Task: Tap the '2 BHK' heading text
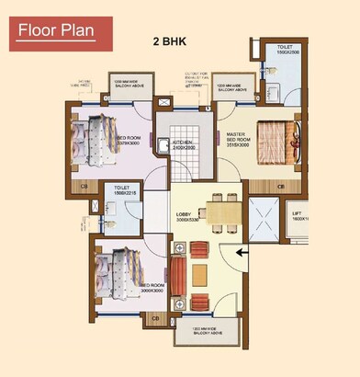pyautogui.click(x=168, y=42)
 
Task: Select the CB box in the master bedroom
pyautogui.click(x=280, y=185)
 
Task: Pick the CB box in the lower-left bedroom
pyautogui.click(x=154, y=319)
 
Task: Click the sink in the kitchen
pyautogui.click(x=162, y=143)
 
